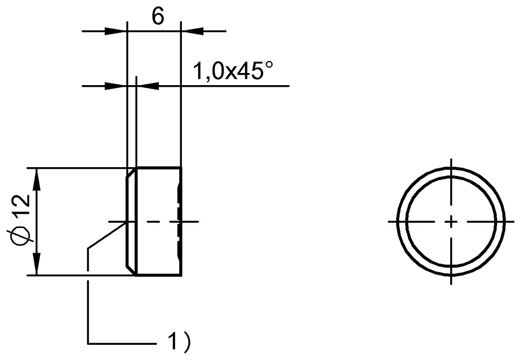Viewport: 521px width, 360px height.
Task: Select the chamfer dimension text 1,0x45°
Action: pyautogui.click(x=234, y=72)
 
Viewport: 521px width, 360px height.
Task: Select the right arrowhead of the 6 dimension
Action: pyautogui.click(x=191, y=31)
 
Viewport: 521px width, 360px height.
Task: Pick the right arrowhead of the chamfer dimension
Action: pyautogui.click(x=148, y=86)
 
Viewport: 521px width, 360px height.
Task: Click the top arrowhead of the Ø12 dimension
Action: pyautogui.click(x=37, y=178)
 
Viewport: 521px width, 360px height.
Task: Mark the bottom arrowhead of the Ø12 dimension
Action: pyautogui.click(x=37, y=265)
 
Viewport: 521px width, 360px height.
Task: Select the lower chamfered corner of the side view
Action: pyautogui.click(x=131, y=270)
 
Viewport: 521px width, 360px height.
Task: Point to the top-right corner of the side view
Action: pyautogui.click(x=180, y=167)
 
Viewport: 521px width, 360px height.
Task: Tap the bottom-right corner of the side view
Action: pyautogui.click(x=180, y=275)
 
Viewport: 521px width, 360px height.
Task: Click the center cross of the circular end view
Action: pyautogui.click(x=452, y=221)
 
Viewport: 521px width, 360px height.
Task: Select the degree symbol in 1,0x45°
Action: pyautogui.click(x=270, y=66)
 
